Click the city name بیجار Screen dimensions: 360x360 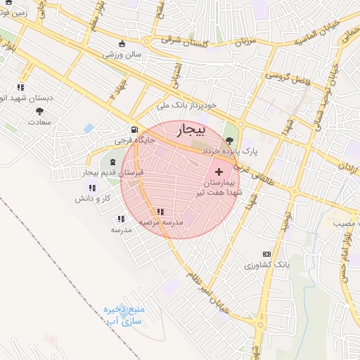tap(190, 131)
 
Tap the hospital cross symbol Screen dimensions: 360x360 tap(219, 171)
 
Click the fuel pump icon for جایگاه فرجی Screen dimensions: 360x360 tap(133, 129)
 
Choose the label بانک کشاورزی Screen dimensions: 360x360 tap(266, 266)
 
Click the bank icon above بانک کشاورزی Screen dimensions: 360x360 tap(266, 254)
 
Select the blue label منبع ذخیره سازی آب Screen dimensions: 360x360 tap(124, 315)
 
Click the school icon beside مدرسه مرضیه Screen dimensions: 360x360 tap(160, 211)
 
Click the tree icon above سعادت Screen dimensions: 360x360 tap(39, 110)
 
